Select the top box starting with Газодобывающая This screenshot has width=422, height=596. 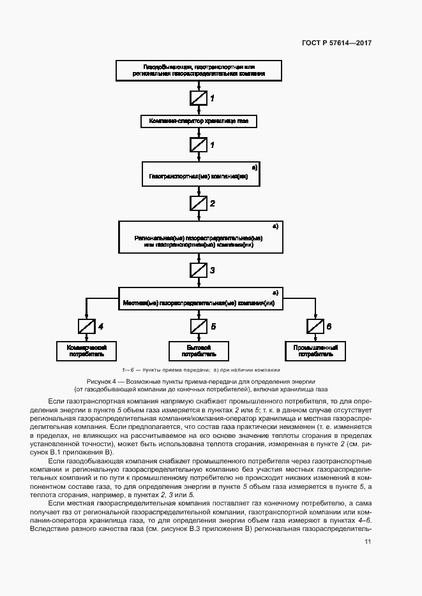pos(198,70)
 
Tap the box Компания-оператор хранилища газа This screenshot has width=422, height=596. pos(198,120)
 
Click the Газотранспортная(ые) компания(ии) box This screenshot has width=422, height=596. pos(198,173)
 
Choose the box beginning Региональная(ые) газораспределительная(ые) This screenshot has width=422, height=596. pos(199,236)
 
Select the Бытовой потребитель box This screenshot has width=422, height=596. pos(199,350)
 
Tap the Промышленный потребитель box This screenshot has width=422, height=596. pos(315,350)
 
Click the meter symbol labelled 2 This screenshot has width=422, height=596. pos(199,203)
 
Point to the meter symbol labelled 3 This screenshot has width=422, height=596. pos(199,270)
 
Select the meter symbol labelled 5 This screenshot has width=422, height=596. pos(199,326)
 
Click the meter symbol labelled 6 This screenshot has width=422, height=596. pos(315,326)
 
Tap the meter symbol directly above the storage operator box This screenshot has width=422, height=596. pos(199,98)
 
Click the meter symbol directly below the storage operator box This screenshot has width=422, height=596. pos(199,145)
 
